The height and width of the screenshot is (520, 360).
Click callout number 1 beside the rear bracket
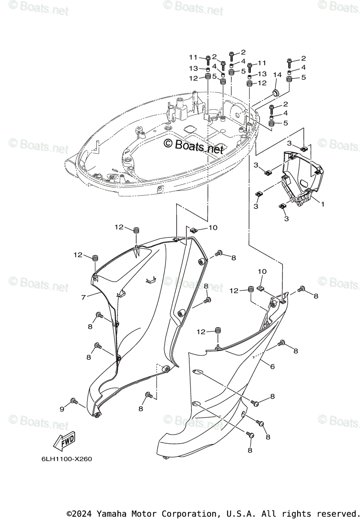pyautogui.click(x=322, y=202)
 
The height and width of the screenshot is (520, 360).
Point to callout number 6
pyautogui.click(x=272, y=367)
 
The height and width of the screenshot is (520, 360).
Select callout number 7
pyautogui.click(x=83, y=297)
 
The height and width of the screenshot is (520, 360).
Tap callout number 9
pyautogui.click(x=62, y=409)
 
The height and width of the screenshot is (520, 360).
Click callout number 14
pyautogui.click(x=277, y=75)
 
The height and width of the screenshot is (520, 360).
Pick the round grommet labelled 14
pyautogui.click(x=276, y=92)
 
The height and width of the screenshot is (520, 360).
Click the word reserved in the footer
pyautogui.click(x=334, y=514)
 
